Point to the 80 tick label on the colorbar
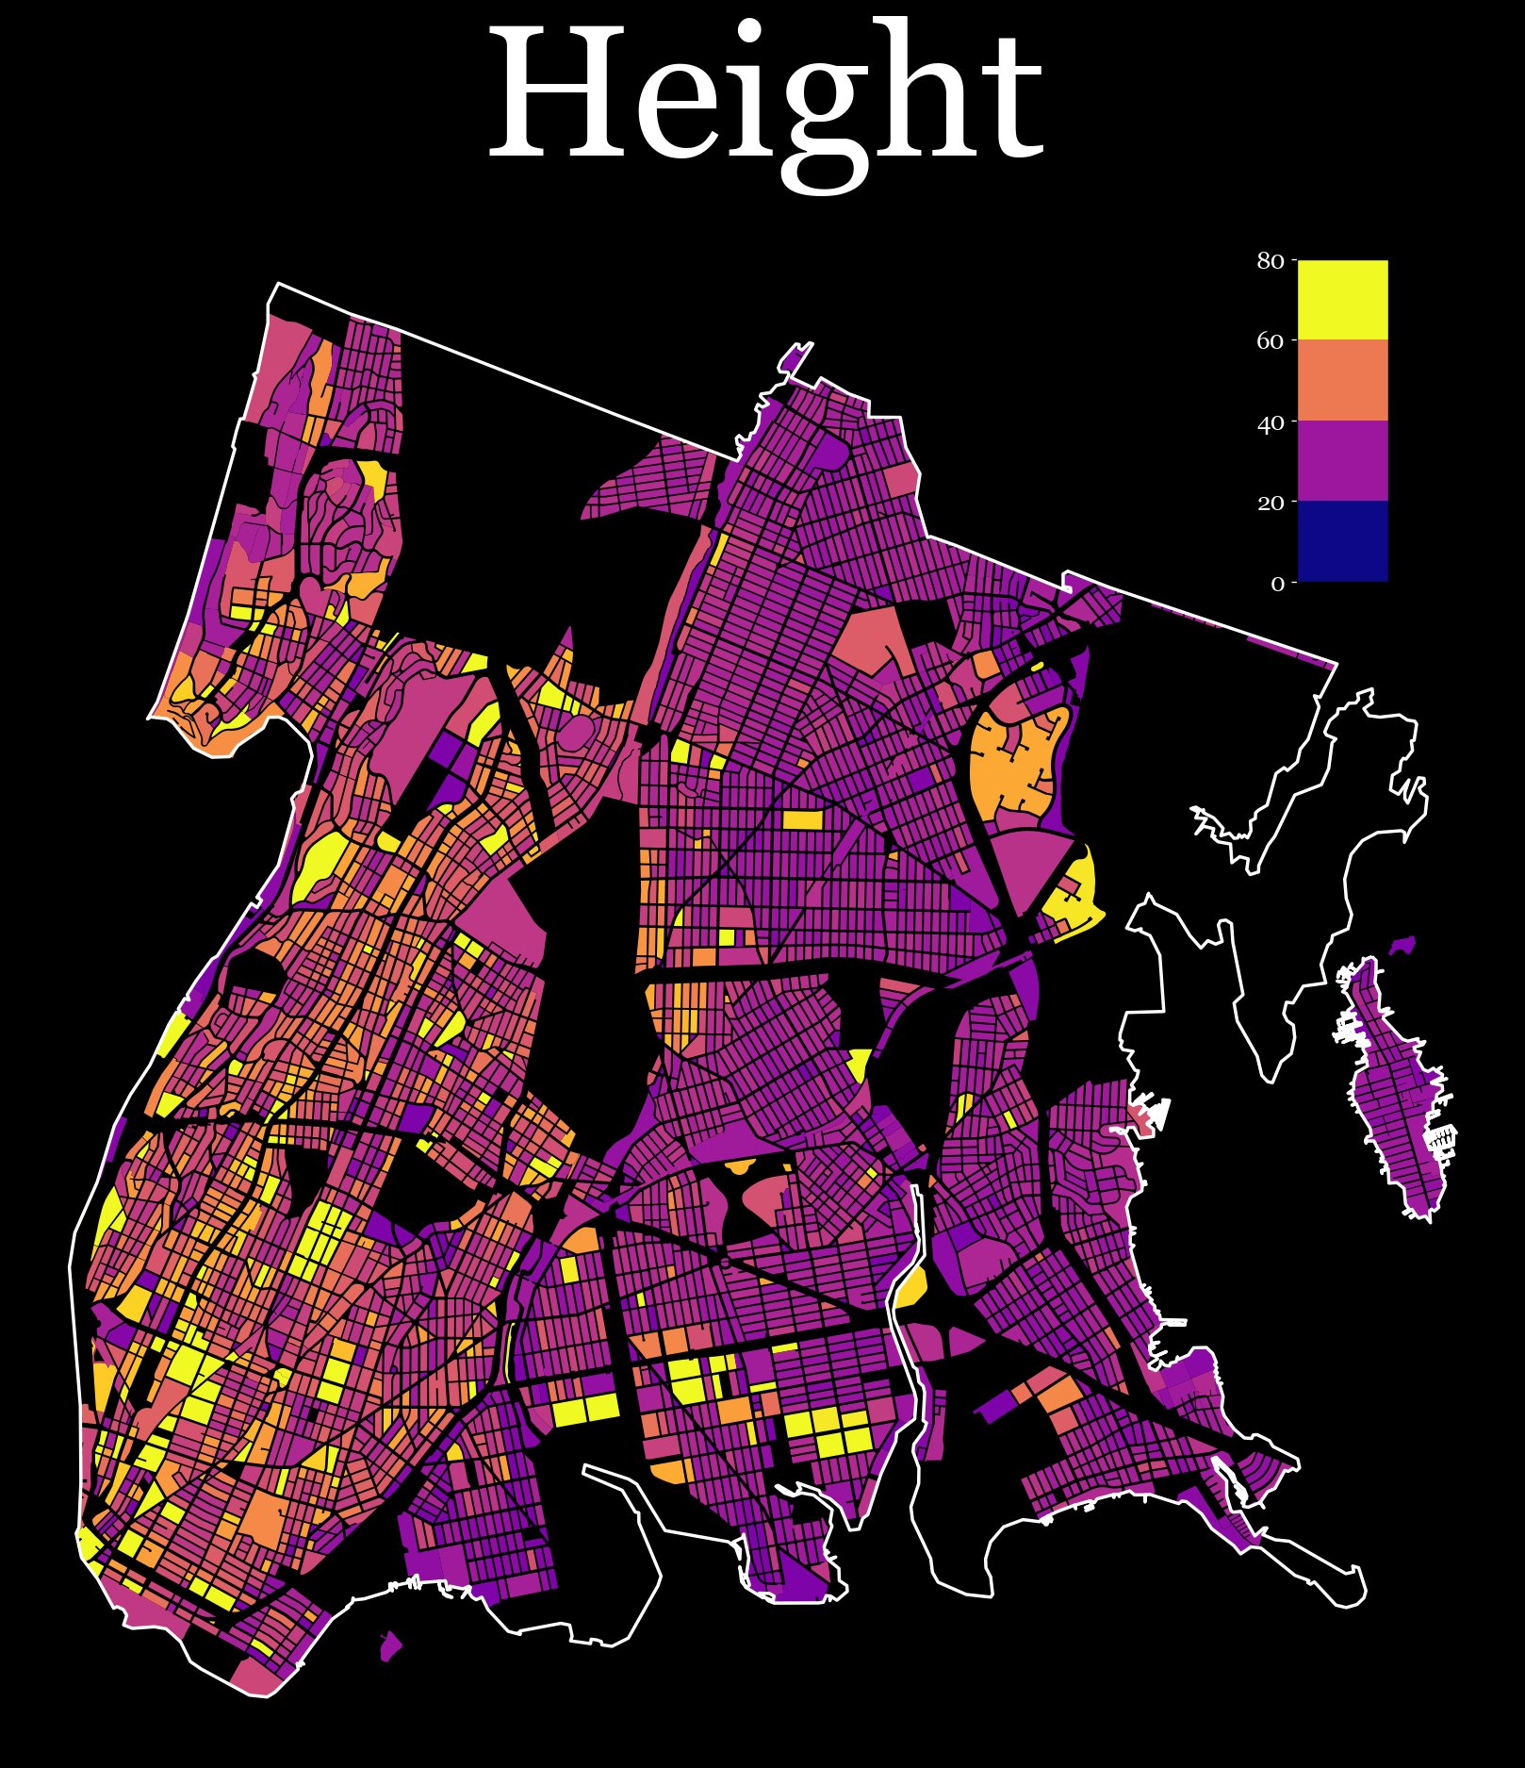[x=1271, y=261]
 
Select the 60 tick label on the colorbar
[x=1271, y=341]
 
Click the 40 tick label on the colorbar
[x=1271, y=422]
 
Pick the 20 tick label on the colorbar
[x=1271, y=503]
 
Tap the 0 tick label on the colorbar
[x=1277, y=584]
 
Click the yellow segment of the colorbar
[x=1342, y=300]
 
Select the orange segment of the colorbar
[x=1342, y=380]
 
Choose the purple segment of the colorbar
[x=1342, y=460]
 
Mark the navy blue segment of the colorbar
[x=1342, y=540]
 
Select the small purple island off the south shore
[x=390, y=1646]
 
